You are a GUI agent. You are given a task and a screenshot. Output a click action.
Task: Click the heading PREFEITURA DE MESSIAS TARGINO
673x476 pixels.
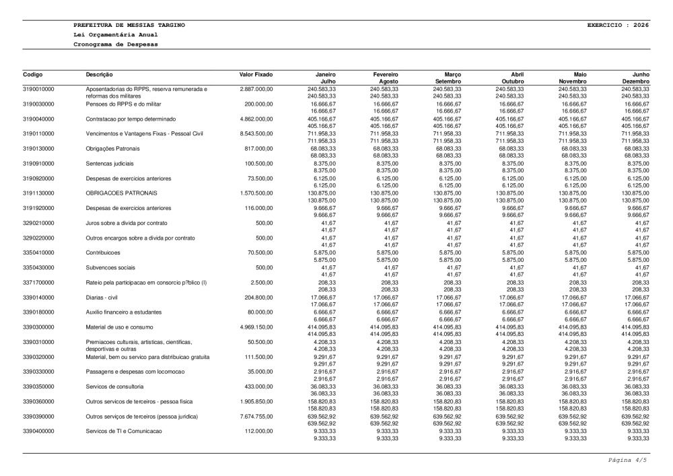click(129, 25)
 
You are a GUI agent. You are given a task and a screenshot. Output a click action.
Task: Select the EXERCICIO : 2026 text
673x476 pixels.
click(618, 25)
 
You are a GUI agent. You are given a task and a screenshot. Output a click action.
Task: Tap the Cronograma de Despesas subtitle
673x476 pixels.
click(116, 44)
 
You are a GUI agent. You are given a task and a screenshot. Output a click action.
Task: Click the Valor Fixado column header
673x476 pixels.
click(256, 73)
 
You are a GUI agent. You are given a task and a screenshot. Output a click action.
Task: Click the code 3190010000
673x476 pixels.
click(38, 89)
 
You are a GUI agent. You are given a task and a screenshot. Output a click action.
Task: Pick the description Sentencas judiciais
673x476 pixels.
click(110, 164)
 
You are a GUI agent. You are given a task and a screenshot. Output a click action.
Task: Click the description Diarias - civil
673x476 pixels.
click(106, 298)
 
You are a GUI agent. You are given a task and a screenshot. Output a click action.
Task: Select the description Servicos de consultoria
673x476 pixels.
click(114, 386)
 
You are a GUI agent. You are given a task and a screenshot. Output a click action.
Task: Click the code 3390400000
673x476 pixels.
click(38, 432)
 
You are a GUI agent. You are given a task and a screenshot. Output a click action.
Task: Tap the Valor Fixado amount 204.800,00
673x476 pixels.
click(258, 298)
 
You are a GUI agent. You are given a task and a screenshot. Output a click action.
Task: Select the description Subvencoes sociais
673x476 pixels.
click(110, 267)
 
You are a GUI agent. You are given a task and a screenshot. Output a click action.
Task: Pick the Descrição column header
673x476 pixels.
click(100, 73)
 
